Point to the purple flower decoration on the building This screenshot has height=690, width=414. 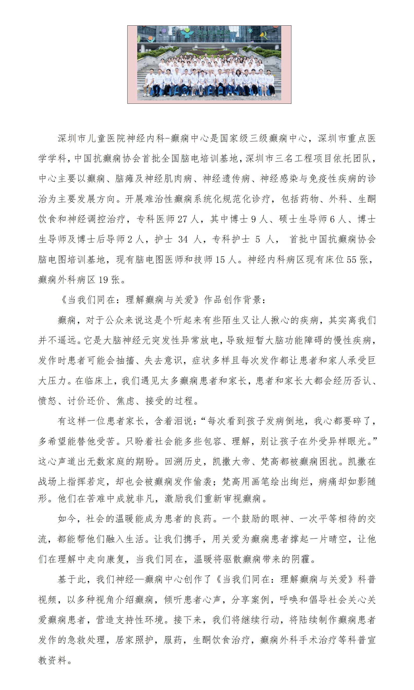point(164,31)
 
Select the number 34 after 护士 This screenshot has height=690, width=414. point(183,239)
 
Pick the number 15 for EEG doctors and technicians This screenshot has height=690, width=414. point(220,260)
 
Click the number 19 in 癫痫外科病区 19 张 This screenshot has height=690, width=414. point(103,280)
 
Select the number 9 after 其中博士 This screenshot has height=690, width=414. point(253,219)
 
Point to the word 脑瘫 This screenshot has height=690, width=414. point(125,179)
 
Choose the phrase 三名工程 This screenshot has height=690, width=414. point(294,159)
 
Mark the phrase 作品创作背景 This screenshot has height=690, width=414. point(233,300)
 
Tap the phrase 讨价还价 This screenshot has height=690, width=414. point(86,401)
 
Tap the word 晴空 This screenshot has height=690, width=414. point(338,539)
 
